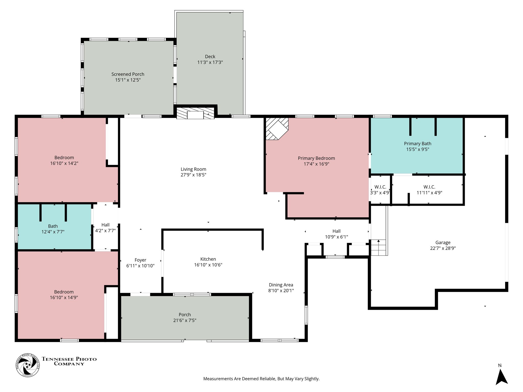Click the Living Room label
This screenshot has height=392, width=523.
[193, 169]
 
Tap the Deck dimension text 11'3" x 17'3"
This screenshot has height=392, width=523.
[210, 62]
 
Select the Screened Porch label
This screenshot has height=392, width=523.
[128, 74]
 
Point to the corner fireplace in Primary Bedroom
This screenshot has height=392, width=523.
[277, 128]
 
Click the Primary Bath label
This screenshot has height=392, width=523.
[418, 144]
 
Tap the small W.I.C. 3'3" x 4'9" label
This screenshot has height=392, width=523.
[380, 190]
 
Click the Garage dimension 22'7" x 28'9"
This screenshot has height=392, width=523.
[443, 248]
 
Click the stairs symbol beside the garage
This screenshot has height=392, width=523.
[378, 248]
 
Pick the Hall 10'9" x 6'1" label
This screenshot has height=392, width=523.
[336, 234]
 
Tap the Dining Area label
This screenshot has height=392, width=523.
[281, 285]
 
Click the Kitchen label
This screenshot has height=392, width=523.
[208, 259]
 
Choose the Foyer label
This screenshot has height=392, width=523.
[140, 260]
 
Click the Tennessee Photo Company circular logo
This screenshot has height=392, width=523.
[28, 365]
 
